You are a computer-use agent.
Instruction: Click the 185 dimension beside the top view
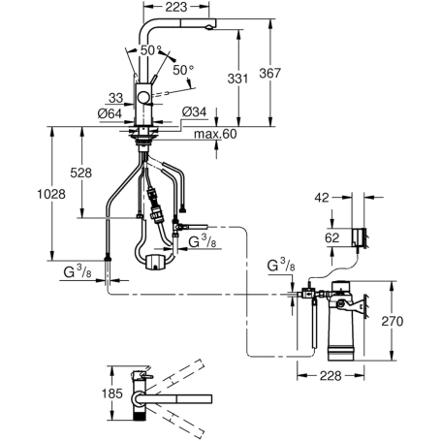click(112, 394)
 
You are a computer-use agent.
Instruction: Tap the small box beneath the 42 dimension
click(359, 235)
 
